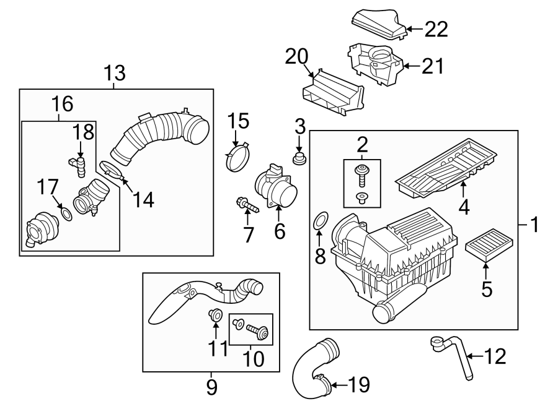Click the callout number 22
pos(435,28)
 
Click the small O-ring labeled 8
pos(321,220)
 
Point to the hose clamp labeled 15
pos(236,158)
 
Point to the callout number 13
pos(114,74)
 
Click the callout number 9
pos(211,387)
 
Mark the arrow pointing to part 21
pos(410,64)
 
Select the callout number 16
pos(61,103)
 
